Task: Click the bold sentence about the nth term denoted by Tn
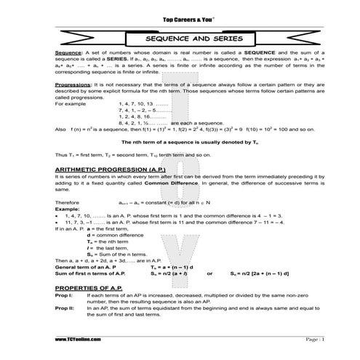pos(178,163)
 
